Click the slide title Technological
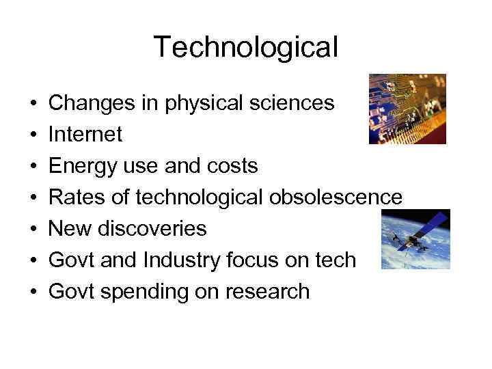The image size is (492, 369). (245, 47)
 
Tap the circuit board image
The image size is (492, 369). (407, 109)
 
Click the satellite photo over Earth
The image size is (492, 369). (415, 239)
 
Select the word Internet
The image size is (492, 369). (85, 134)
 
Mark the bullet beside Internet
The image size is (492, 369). (32, 135)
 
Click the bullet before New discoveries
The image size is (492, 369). (32, 229)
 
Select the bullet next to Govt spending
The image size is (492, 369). (32, 292)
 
